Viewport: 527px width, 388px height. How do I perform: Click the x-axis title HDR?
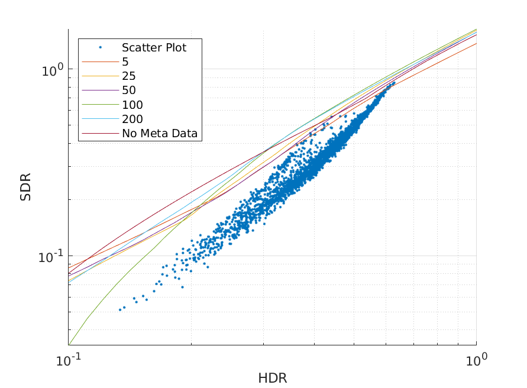(272, 378)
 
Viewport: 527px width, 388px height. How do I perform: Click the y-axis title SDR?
(25, 187)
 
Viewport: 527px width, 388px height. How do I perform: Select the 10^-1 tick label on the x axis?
(69, 358)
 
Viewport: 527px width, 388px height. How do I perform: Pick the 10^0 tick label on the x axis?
(476, 358)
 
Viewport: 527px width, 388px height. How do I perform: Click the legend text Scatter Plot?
(154, 47)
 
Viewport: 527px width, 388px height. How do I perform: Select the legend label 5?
(125, 62)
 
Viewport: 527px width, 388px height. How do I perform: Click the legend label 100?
(132, 105)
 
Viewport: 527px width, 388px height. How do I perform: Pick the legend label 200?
(132, 119)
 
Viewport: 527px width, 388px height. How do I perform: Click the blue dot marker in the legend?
(101, 47)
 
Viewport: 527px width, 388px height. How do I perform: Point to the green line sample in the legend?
(101, 105)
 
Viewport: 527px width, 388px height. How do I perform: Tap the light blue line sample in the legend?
(101, 119)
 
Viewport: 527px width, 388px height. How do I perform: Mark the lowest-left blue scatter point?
(120, 309)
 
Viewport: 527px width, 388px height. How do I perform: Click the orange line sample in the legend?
(101, 62)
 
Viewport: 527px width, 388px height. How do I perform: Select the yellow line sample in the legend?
(101, 76)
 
